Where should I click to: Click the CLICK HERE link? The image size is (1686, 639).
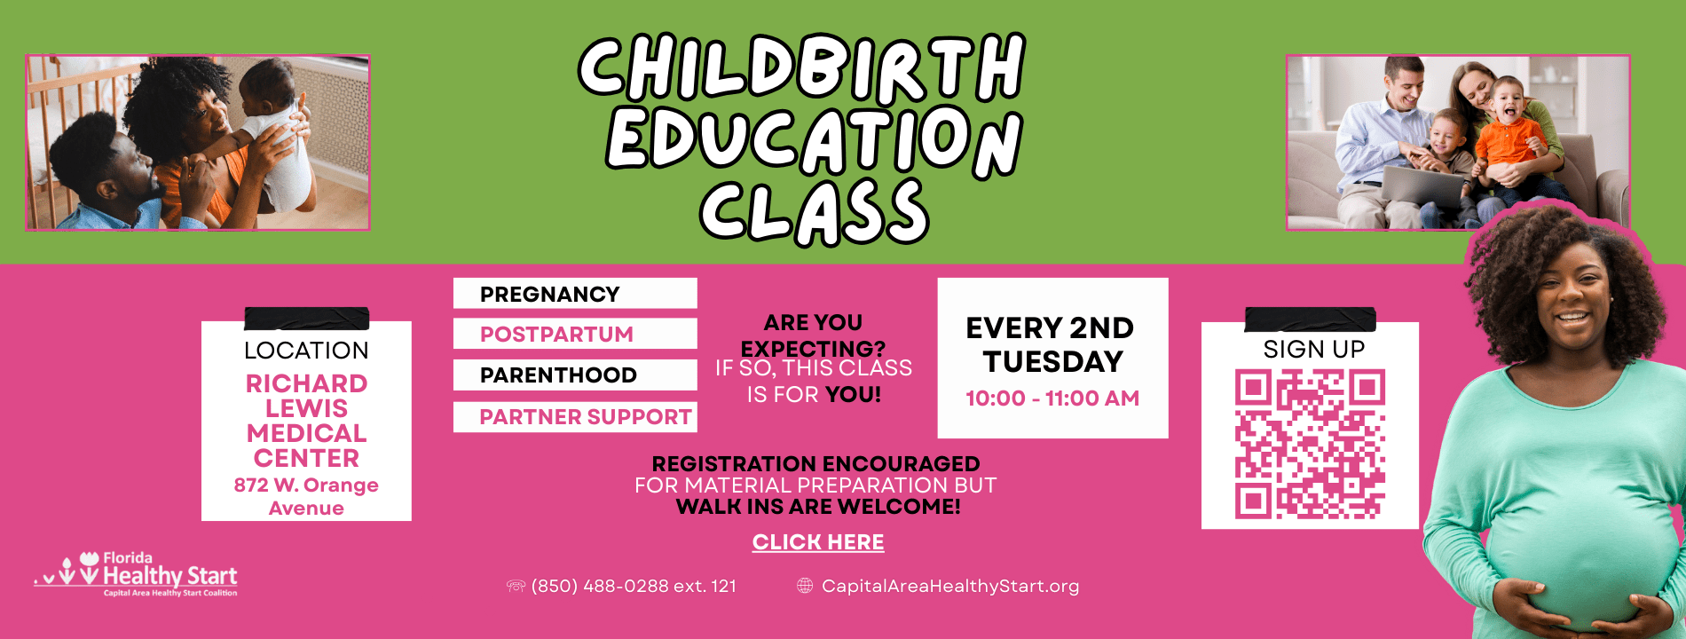(818, 542)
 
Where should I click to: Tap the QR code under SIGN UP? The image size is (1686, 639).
(1310, 444)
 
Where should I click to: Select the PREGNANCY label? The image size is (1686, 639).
(550, 295)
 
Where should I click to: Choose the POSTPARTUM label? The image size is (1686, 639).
(556, 335)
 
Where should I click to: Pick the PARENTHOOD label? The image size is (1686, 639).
(558, 375)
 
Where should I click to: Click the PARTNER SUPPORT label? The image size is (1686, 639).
(586, 417)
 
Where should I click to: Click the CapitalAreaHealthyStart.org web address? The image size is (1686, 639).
(950, 586)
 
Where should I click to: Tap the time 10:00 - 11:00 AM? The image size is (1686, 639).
(1052, 398)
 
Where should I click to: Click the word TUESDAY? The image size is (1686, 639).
(1053, 362)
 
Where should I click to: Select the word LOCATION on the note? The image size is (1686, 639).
(306, 351)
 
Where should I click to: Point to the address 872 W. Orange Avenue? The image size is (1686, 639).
(306, 497)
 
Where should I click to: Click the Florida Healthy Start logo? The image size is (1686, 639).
(136, 574)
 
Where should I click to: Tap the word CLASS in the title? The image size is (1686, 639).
(814, 211)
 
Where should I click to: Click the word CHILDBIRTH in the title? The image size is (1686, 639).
(802, 67)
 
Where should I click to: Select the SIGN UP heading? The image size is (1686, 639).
(1314, 350)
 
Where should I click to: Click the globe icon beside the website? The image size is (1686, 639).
(805, 586)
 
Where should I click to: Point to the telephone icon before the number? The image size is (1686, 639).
(516, 586)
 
